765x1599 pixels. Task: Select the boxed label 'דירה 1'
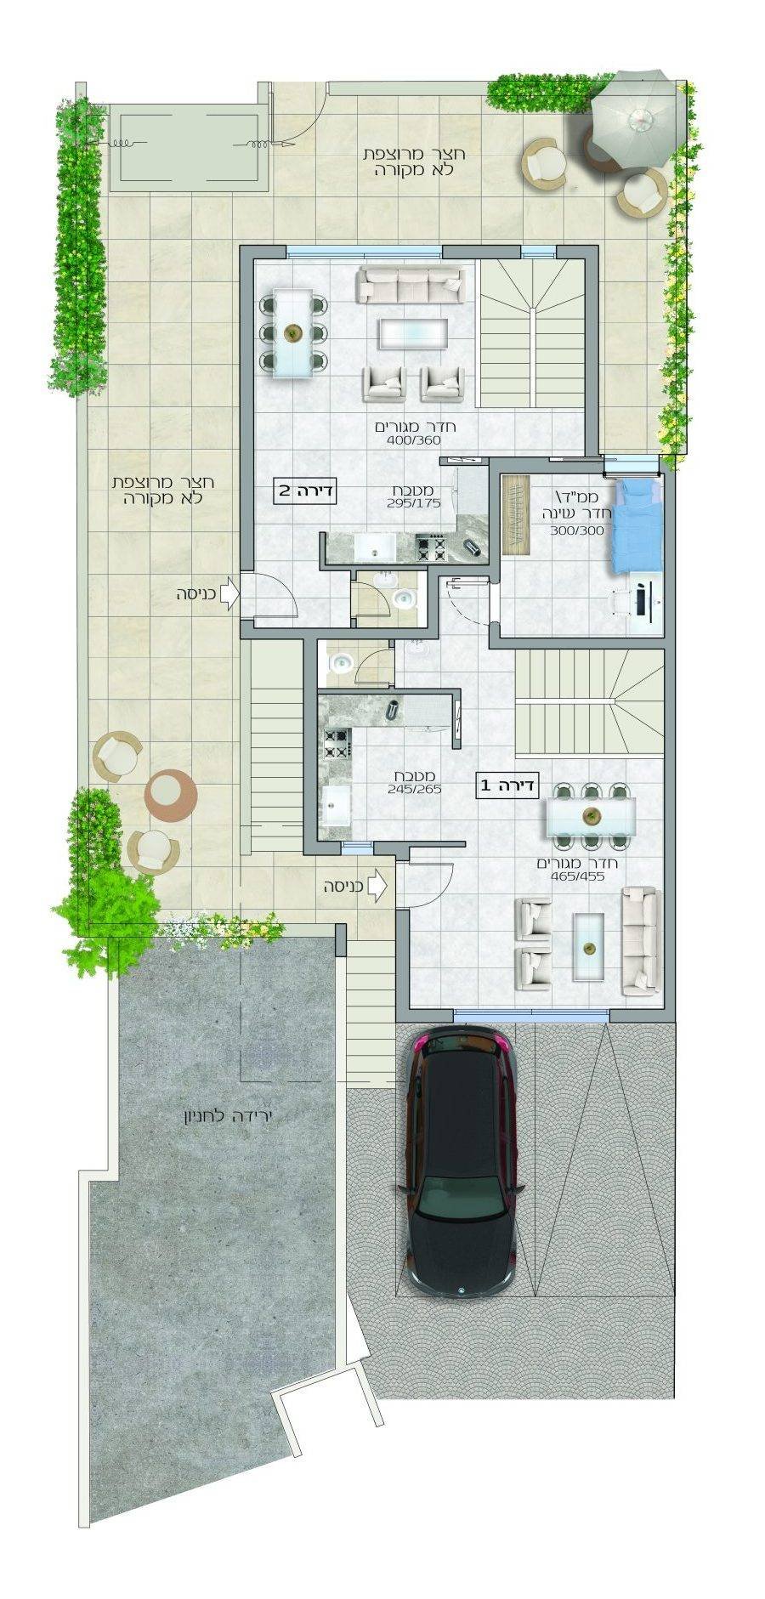507,786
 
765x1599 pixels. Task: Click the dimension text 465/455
577,876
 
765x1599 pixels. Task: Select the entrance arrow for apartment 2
229,593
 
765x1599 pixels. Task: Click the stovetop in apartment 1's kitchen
337,744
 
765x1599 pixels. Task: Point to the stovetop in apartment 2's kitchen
431,547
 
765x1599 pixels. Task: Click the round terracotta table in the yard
170,794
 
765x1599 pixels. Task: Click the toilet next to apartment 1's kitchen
342,663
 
